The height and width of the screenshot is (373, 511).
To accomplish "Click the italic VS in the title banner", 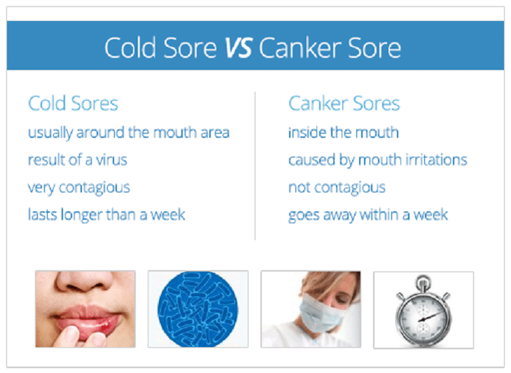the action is point(239,48).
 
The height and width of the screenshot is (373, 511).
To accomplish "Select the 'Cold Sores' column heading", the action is point(73,104).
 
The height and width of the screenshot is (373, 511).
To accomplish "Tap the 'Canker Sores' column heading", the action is point(344,104).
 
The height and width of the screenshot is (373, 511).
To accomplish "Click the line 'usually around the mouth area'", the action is point(129,133).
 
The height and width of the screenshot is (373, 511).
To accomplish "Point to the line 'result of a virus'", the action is point(78,160).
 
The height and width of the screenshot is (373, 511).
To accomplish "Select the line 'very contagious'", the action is point(79,188).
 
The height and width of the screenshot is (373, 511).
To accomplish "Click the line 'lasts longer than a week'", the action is point(106,215).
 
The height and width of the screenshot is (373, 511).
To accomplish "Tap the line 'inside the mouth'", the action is point(344,132).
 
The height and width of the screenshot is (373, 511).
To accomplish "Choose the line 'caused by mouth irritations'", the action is point(378,160).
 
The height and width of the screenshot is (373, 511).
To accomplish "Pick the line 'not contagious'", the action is point(337,188).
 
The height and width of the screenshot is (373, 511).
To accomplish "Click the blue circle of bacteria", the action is point(198,309).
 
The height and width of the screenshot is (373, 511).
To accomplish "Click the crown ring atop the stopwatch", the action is point(423,281).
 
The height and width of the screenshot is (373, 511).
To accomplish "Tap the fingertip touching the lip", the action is point(69,335).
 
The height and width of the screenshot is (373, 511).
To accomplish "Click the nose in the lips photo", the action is point(85,282).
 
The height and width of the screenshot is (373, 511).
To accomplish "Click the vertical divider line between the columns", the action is point(255,166).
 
